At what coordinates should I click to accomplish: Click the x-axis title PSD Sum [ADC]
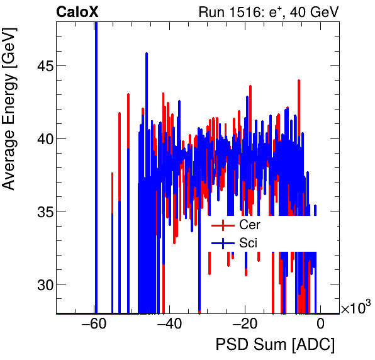click(x=275, y=345)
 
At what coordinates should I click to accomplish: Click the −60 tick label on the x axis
click(x=92, y=324)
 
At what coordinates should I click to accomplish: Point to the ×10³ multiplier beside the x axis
click(x=356, y=308)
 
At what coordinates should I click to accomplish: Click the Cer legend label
click(x=249, y=225)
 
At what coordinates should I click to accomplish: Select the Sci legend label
click(x=248, y=242)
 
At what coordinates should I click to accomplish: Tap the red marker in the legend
click(x=223, y=225)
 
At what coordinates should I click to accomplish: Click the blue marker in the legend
click(x=223, y=242)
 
